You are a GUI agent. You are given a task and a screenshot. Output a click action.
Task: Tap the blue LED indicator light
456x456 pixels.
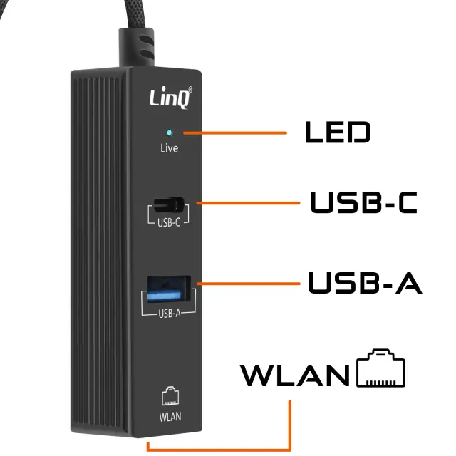[169, 133]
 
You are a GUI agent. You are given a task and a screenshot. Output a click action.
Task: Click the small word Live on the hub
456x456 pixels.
[169, 148]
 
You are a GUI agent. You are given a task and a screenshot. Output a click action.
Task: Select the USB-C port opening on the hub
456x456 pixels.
[169, 203]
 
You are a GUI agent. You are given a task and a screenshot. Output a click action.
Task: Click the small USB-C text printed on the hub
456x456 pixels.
[169, 222]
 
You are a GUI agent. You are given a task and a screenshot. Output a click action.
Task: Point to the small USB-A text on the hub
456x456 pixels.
[170, 313]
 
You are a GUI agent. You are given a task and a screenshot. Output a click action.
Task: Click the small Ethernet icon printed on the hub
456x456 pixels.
[169, 396]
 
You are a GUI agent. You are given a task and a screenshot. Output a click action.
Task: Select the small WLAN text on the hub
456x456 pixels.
[169, 415]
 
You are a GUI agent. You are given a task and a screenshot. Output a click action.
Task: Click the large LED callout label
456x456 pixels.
[337, 133]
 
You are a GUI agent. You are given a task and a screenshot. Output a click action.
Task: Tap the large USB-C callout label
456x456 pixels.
[363, 202]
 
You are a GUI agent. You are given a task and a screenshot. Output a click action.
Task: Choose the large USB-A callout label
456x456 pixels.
[365, 282]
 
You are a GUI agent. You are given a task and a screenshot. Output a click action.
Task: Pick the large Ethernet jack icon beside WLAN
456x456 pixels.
[380, 368]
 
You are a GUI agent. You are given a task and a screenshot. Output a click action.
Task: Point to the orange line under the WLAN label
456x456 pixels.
[289, 427]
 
